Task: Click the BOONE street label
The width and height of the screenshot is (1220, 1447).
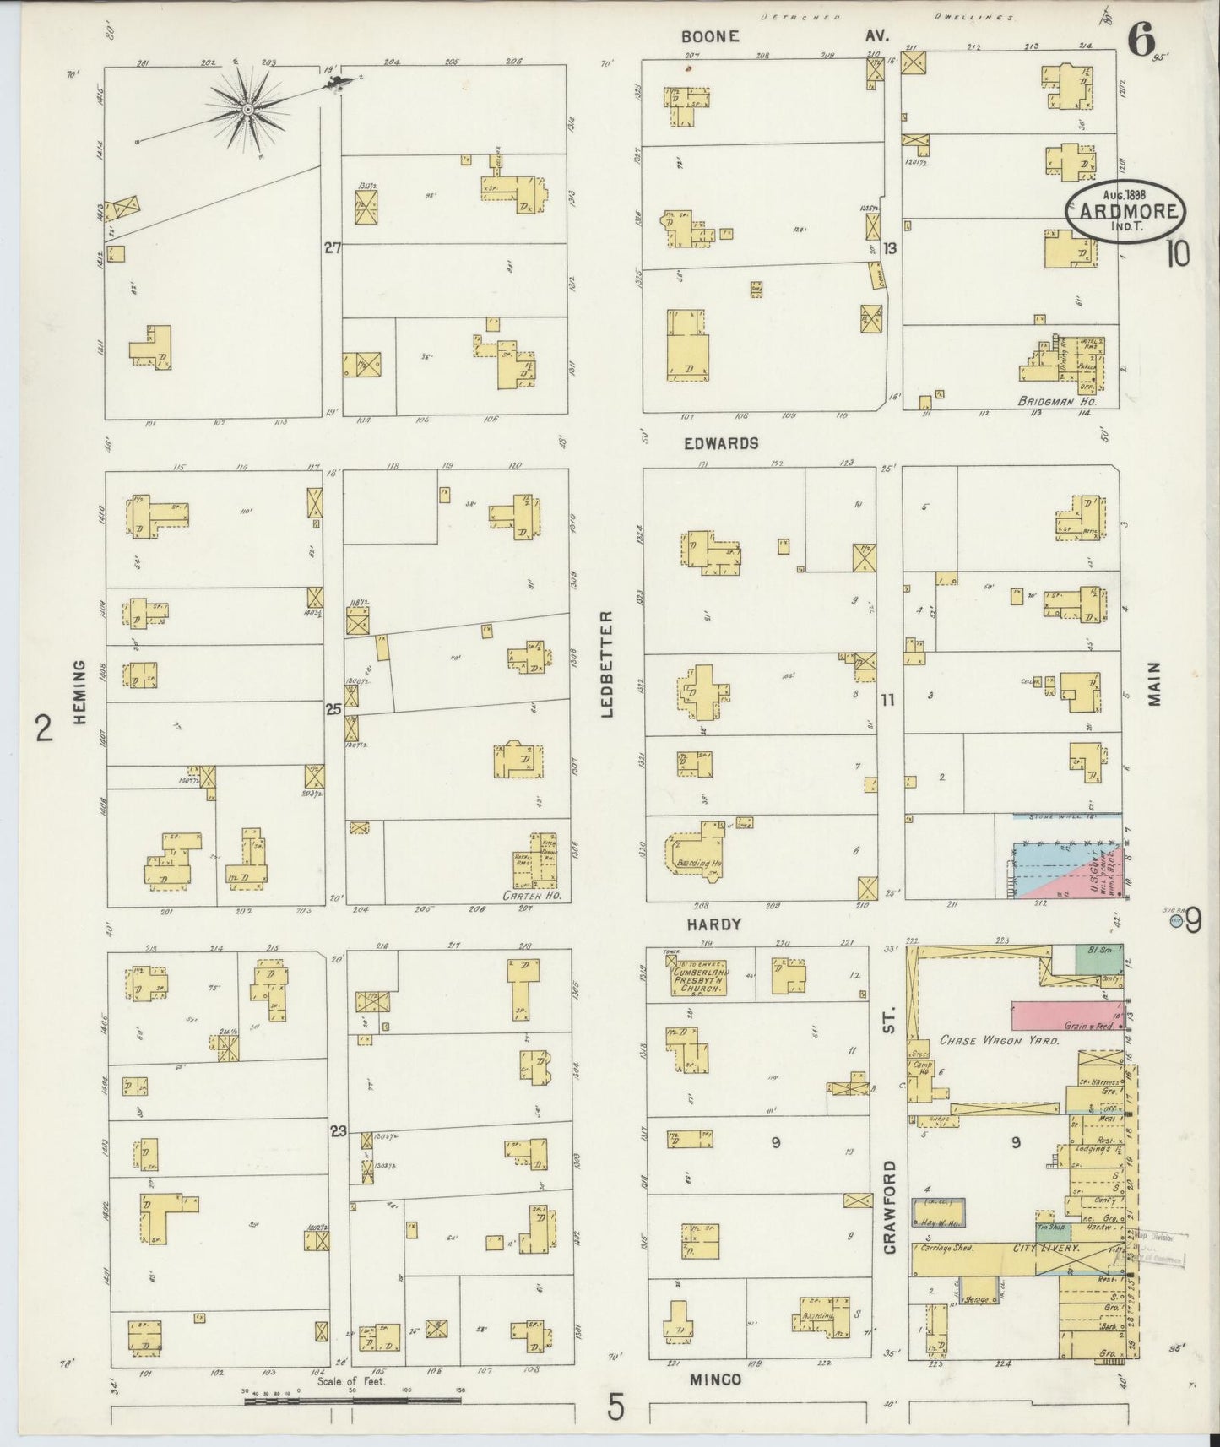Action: pos(711,36)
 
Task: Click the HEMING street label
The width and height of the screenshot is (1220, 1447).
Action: pos(80,692)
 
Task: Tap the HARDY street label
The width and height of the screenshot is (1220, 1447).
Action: pos(713,924)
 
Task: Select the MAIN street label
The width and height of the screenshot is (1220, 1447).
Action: pos(1154,683)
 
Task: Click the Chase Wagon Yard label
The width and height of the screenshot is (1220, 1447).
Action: pos(1000,1041)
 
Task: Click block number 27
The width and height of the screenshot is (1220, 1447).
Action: pos(332,247)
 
